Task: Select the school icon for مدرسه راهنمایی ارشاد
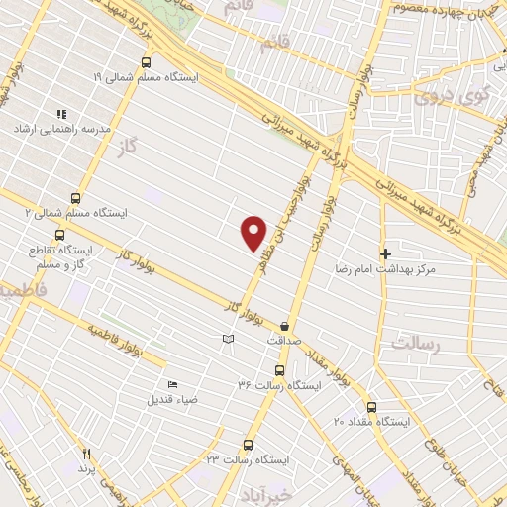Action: (x=61, y=114)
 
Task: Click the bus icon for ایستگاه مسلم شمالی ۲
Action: (x=77, y=196)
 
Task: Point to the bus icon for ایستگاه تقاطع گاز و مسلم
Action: (x=61, y=236)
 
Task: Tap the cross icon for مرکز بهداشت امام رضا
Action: (x=385, y=253)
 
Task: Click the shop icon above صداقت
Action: (x=285, y=325)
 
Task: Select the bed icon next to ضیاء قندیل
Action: (x=173, y=384)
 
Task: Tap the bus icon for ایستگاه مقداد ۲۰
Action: (x=371, y=406)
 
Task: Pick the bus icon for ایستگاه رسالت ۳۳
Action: (x=248, y=445)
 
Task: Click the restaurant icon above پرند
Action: (x=86, y=452)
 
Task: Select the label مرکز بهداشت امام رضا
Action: (x=442, y=269)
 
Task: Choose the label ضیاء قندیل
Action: (x=166, y=400)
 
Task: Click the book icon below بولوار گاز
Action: (x=229, y=340)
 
